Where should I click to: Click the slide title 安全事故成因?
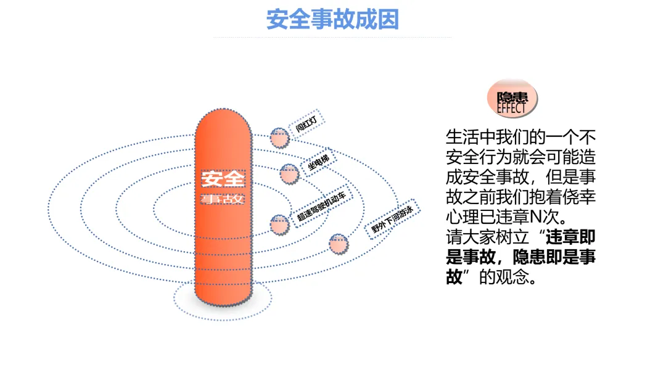click(332, 19)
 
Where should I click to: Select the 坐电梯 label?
click(319, 163)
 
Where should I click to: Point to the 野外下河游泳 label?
click(392, 218)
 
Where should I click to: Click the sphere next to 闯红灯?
click(279, 138)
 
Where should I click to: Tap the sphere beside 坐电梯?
click(289, 173)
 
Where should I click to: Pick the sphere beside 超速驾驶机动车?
click(279, 223)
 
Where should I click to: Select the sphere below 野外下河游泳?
click(339, 244)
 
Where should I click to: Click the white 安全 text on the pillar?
click(223, 179)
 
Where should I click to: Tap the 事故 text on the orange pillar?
click(223, 199)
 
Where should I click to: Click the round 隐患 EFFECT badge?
click(512, 98)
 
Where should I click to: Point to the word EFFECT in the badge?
click(512, 107)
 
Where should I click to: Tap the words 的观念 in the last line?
click(504, 277)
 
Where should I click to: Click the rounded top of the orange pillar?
click(223, 123)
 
